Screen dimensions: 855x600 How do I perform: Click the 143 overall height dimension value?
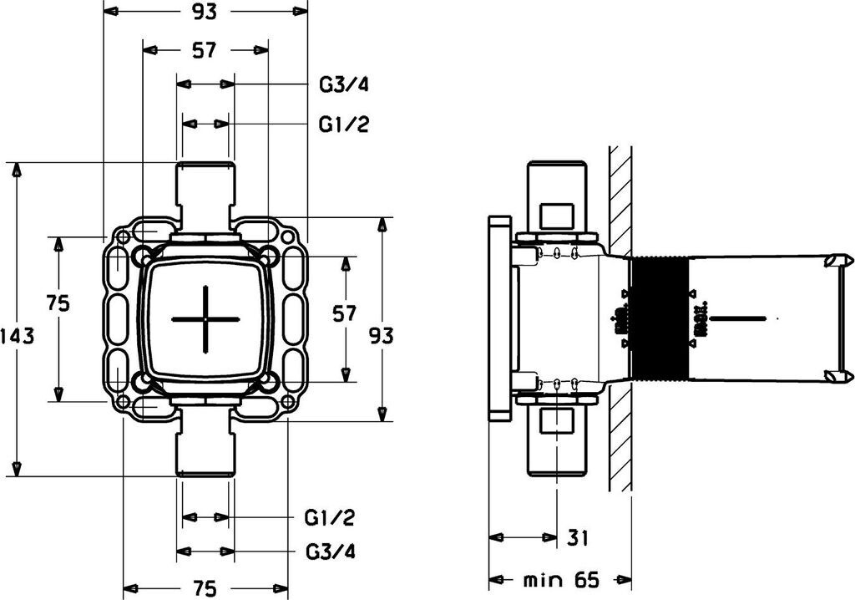click(x=17, y=337)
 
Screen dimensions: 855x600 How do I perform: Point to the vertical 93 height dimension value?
click(x=381, y=335)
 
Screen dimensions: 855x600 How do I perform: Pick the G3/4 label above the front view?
click(x=344, y=85)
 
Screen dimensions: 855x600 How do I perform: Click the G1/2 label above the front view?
click(x=344, y=125)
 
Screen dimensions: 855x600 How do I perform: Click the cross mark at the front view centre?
click(x=205, y=319)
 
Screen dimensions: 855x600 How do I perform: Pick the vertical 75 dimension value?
click(x=58, y=303)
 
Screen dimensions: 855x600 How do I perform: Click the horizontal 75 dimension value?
click(x=205, y=588)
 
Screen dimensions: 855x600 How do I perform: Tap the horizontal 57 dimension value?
click(x=205, y=51)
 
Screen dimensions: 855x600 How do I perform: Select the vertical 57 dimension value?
click(x=344, y=314)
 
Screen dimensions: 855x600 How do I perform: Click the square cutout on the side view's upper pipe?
click(x=557, y=216)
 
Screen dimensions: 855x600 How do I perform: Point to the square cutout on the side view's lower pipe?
click(x=557, y=424)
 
